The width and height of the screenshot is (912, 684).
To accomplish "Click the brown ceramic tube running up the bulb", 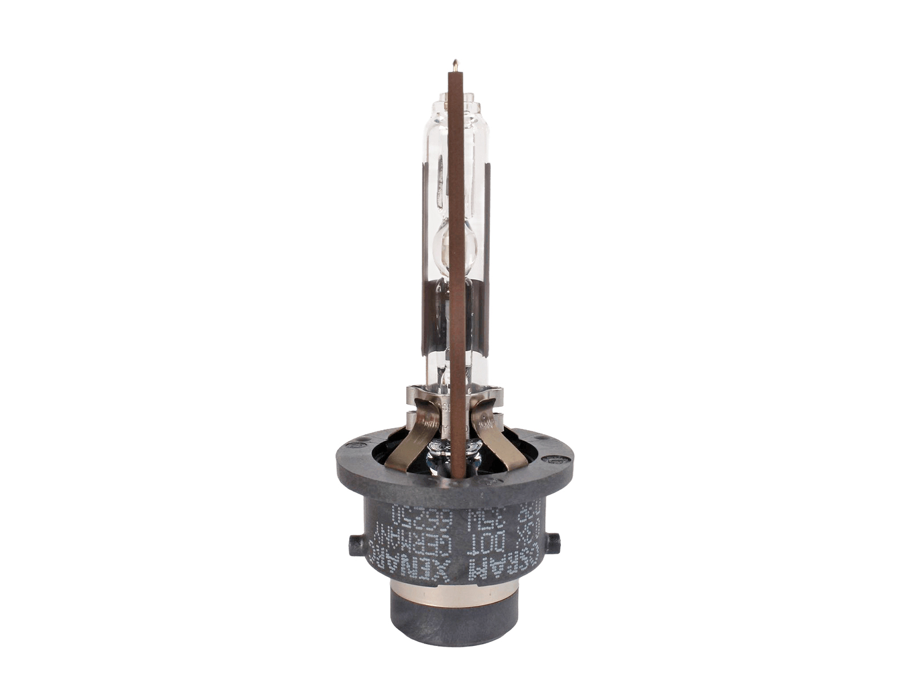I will click(455, 256).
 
